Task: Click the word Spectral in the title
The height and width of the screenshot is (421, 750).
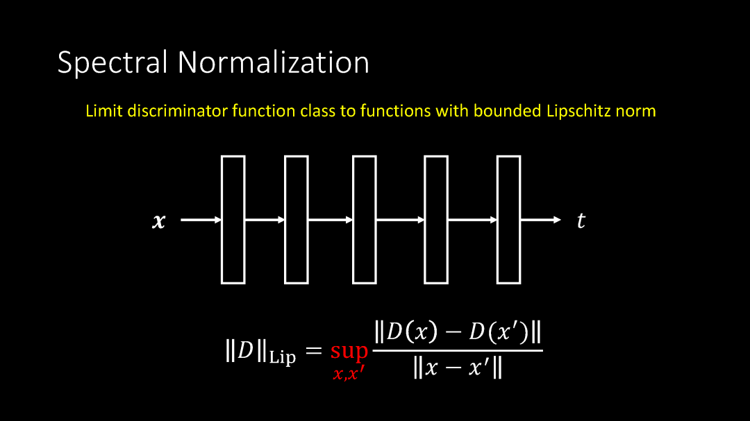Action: tap(112, 62)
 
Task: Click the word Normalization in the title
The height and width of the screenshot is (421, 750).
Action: tap(273, 62)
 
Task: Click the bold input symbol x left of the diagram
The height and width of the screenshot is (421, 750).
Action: tap(159, 221)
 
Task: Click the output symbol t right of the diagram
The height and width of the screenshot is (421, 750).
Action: tap(581, 221)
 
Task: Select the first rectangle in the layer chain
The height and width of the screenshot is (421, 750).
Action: tap(233, 220)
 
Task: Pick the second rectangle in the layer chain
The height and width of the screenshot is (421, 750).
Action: tap(297, 220)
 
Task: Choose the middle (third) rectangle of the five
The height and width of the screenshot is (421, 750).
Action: tap(365, 220)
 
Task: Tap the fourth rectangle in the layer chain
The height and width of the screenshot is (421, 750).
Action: tap(436, 220)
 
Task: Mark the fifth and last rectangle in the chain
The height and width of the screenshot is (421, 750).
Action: tap(508, 220)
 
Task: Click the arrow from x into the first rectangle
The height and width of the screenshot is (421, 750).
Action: tap(201, 220)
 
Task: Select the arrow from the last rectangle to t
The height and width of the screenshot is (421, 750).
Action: tap(541, 220)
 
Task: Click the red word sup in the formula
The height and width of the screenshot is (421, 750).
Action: tap(349, 351)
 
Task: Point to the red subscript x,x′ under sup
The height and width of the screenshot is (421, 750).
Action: tap(349, 375)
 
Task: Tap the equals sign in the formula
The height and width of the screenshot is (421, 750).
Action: tap(314, 352)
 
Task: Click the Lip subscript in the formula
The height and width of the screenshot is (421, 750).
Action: tap(282, 359)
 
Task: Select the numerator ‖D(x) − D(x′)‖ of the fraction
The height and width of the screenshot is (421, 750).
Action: tap(458, 333)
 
